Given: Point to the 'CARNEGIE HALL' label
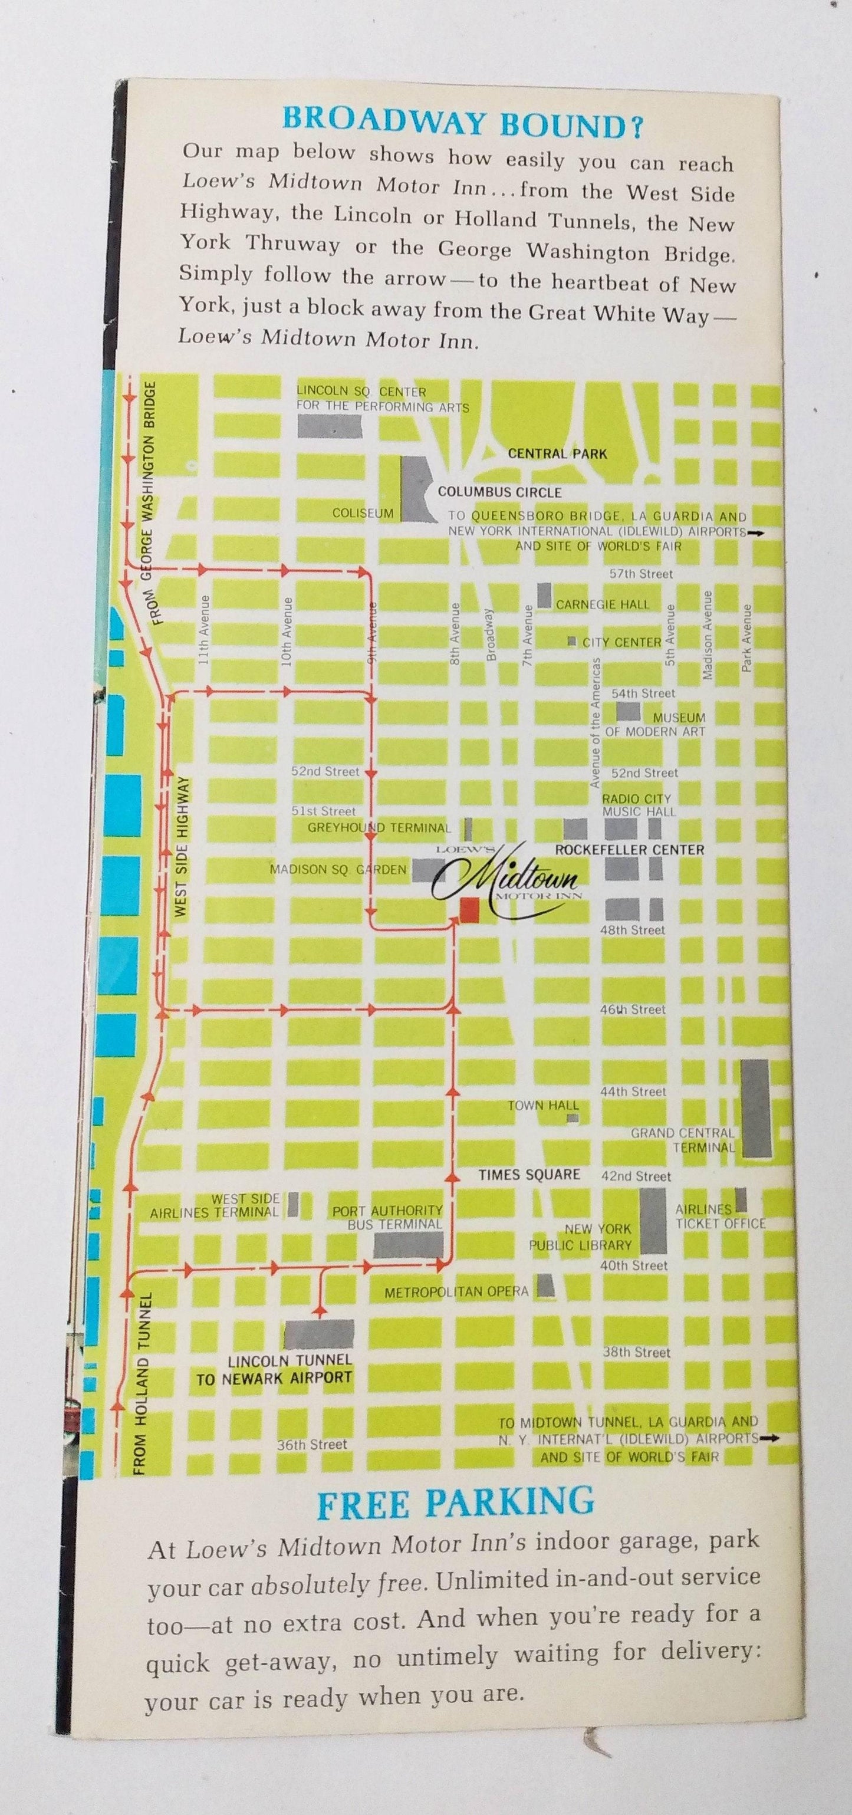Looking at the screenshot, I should click(603, 604).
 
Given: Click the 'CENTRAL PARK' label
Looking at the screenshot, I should click(557, 454).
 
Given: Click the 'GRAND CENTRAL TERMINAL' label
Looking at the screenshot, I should click(683, 1140).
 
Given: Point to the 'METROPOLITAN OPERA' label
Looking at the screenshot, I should click(456, 1291).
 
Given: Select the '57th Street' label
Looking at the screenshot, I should click(642, 574).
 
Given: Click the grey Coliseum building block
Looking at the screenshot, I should click(411, 488).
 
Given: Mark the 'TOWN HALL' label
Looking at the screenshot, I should click(544, 1106).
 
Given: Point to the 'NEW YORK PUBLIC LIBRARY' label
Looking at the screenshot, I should click(580, 1237).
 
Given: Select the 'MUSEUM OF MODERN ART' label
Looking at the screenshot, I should click(656, 724).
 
